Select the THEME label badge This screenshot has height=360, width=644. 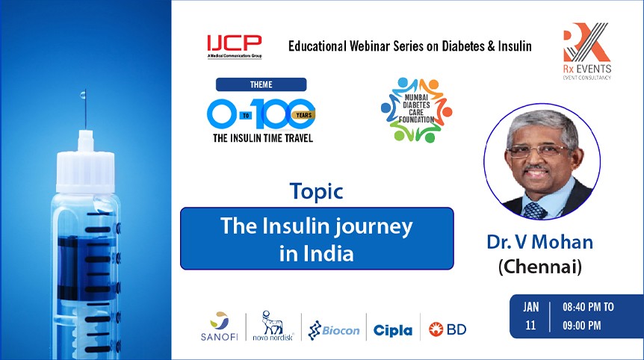tap(261, 84)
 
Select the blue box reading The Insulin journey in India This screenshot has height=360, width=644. tap(317, 238)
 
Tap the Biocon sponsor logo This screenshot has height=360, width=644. tap(334, 329)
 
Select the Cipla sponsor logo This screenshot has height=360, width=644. tap(392, 329)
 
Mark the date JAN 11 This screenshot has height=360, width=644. tap(530, 317)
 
